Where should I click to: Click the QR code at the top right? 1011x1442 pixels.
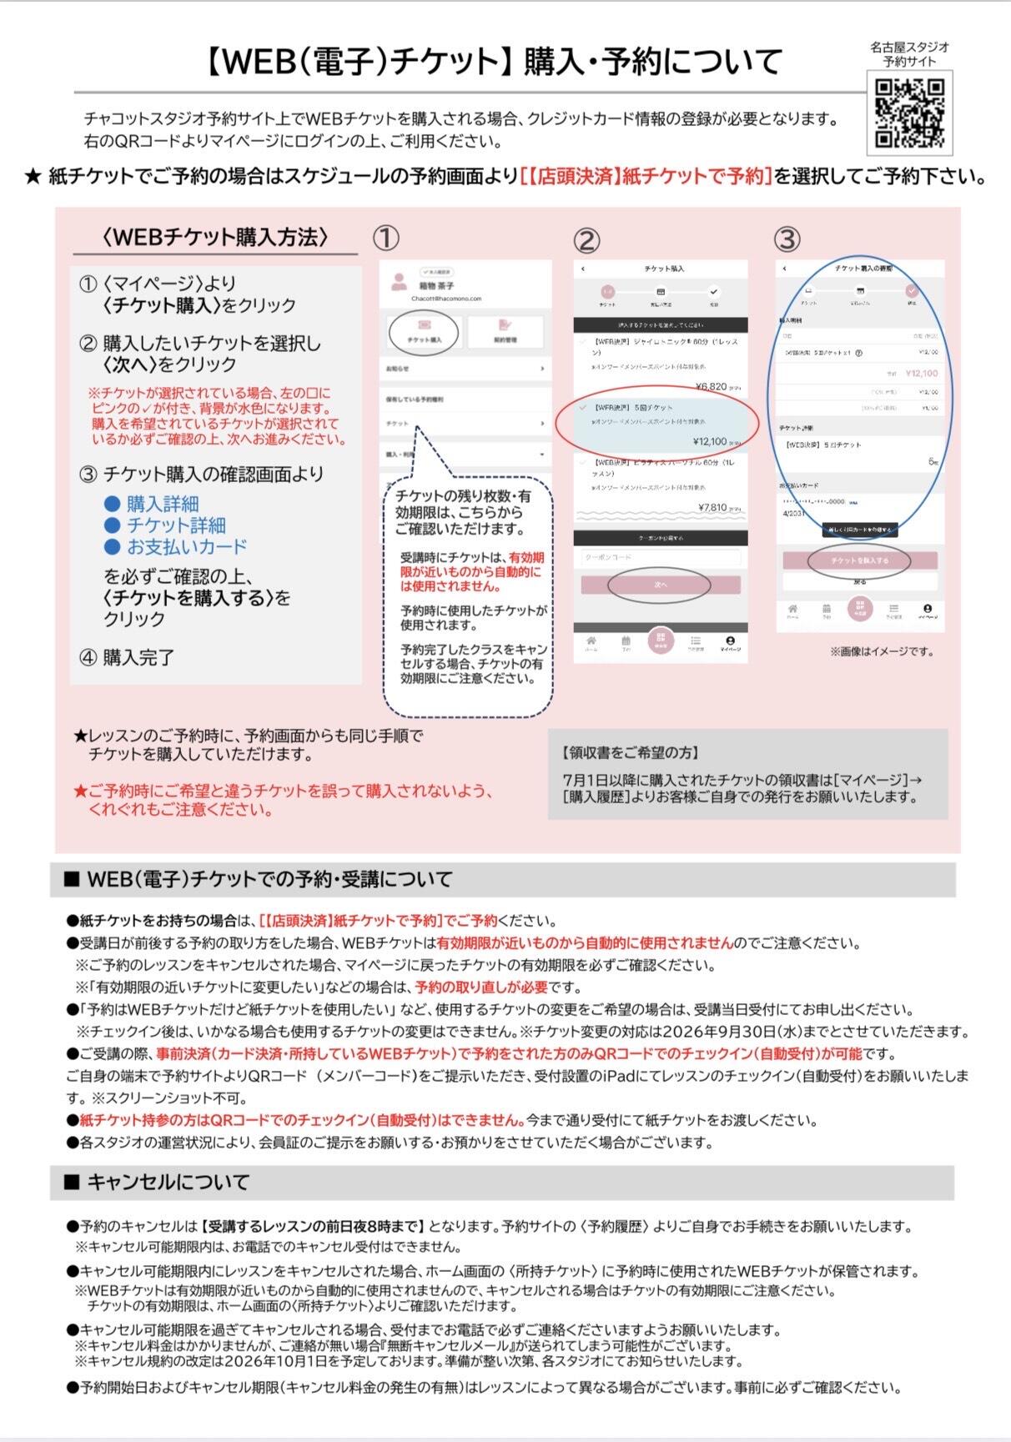click(909, 113)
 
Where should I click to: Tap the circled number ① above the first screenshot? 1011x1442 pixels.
click(386, 239)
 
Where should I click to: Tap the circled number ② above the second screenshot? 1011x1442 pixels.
click(586, 241)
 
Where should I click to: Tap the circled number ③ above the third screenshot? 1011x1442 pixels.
click(787, 239)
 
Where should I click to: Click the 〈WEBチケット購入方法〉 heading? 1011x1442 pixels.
click(215, 238)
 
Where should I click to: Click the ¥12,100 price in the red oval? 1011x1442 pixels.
click(710, 441)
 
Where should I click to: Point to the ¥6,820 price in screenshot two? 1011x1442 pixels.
click(711, 387)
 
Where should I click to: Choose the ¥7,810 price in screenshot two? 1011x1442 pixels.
click(712, 507)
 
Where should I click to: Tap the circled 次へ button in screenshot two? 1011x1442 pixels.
click(661, 585)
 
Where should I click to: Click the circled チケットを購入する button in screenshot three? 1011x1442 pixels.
click(859, 560)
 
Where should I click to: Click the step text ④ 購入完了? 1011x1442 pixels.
click(127, 658)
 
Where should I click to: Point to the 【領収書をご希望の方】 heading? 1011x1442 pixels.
click(631, 752)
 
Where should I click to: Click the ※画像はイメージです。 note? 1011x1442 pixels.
click(882, 651)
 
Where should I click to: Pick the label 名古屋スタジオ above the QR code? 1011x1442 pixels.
click(909, 48)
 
